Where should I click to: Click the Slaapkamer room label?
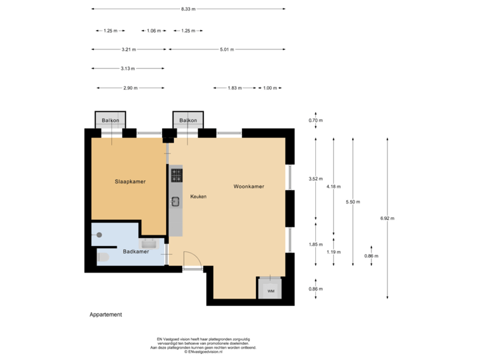(130, 181)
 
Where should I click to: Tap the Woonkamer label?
(249, 187)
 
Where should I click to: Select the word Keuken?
(198, 197)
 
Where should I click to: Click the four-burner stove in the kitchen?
(176, 175)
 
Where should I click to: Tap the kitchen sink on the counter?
(175, 201)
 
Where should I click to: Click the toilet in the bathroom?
(102, 256)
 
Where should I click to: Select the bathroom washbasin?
(149, 243)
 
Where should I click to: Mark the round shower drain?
(99, 234)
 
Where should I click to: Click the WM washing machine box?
(270, 289)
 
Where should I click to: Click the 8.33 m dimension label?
(188, 9)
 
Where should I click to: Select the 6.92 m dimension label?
(387, 218)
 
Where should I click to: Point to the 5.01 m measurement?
(227, 49)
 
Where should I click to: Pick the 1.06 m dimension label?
(154, 31)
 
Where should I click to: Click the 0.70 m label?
(315, 121)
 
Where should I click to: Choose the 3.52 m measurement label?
(315, 179)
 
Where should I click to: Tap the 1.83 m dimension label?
(235, 88)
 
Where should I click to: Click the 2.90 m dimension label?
(130, 88)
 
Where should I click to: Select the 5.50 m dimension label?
(352, 201)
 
